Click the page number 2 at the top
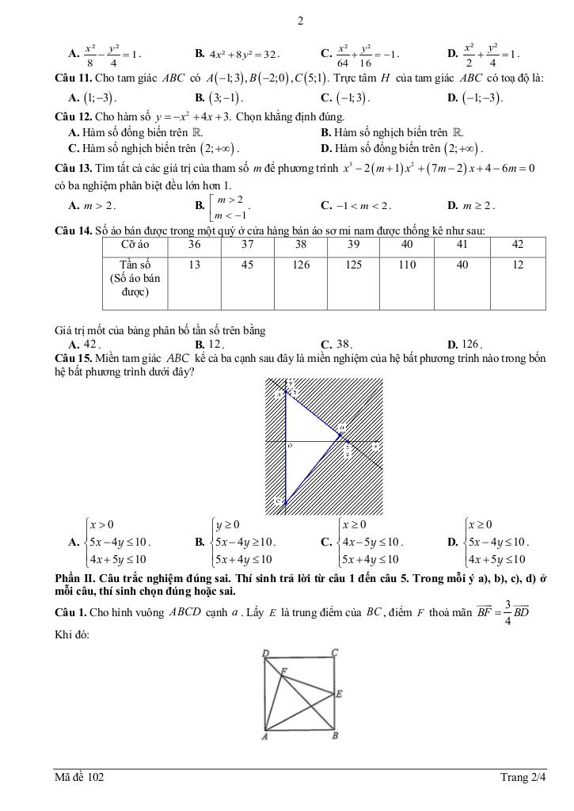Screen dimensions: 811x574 point(300,21)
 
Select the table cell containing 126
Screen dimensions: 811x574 point(300,265)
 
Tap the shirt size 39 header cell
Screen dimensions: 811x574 point(354,245)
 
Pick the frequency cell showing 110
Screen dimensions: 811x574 point(407,265)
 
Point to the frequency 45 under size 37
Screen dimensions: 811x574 point(247,265)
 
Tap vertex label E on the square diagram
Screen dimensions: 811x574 point(339,695)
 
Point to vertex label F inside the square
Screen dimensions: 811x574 point(284,670)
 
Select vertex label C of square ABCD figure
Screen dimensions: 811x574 point(335,652)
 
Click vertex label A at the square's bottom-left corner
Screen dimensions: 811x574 point(265,738)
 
